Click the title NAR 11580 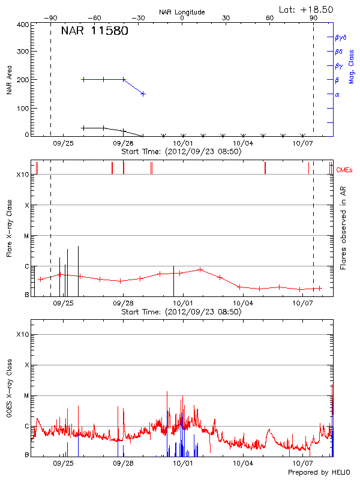(x=94, y=31)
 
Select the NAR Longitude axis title (x=182, y=12)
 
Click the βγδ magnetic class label (x=340, y=37)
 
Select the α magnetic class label (x=337, y=94)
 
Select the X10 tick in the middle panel (x=23, y=175)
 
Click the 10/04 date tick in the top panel (x=243, y=143)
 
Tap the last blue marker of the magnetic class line (x=143, y=94)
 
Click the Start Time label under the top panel (x=181, y=151)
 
